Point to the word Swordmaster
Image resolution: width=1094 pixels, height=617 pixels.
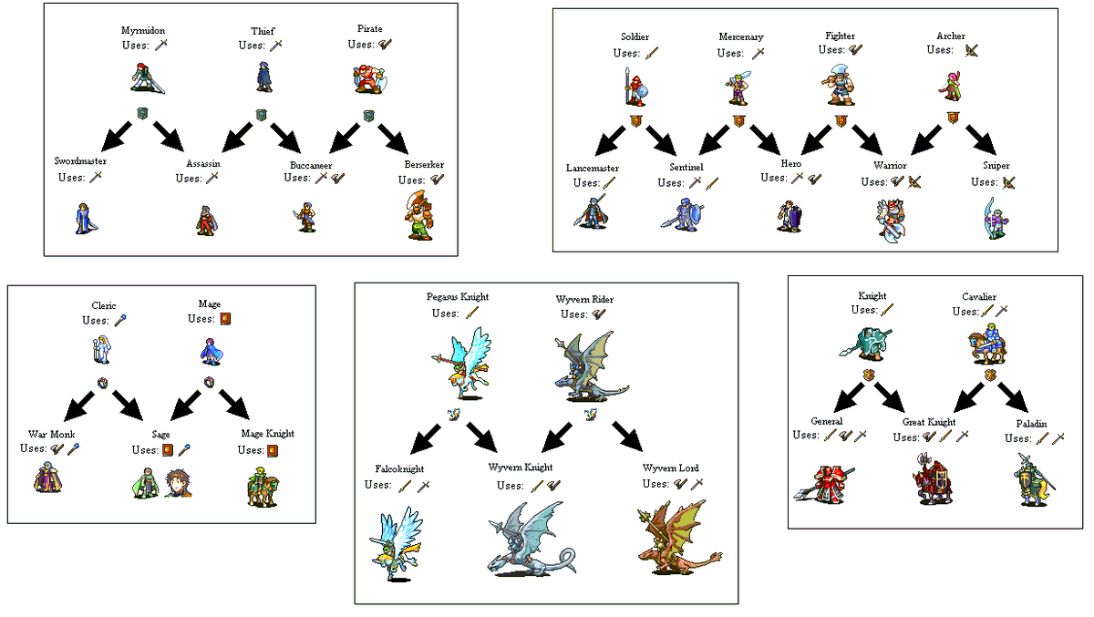79,161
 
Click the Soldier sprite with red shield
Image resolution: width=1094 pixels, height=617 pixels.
635,87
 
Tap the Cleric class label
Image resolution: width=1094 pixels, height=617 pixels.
103,305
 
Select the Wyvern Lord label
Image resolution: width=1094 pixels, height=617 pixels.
670,468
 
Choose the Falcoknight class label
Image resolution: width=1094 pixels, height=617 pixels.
402,468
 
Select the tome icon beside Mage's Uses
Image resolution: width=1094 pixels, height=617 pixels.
224,319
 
